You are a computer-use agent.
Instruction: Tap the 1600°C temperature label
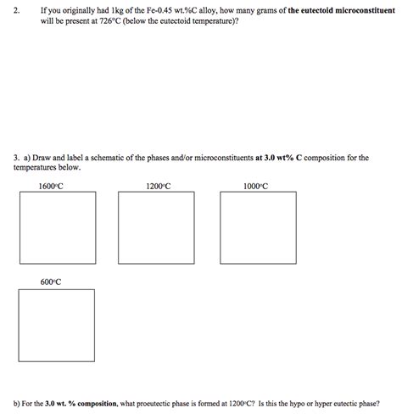coord(51,186)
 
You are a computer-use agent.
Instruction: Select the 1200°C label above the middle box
coord(158,186)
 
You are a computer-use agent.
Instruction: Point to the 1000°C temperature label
coord(255,186)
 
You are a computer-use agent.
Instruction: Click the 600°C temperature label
coord(51,282)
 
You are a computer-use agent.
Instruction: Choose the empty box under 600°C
coord(56,326)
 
